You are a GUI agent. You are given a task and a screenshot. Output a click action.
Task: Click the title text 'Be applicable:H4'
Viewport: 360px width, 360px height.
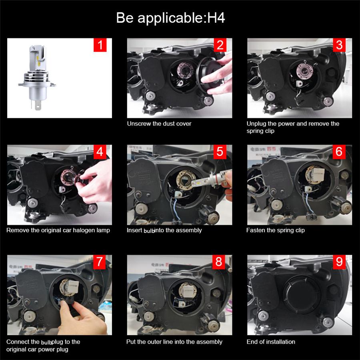click(x=170, y=18)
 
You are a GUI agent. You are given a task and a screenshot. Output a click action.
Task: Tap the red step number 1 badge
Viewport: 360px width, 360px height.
click(x=100, y=45)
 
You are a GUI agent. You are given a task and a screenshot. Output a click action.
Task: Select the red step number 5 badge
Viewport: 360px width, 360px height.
click(x=220, y=152)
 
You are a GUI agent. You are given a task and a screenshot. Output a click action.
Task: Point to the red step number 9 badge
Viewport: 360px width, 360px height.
click(x=339, y=262)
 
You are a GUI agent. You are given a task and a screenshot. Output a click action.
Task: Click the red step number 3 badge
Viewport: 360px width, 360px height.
click(x=339, y=45)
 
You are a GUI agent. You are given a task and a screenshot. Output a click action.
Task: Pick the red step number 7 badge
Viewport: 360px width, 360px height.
click(x=100, y=262)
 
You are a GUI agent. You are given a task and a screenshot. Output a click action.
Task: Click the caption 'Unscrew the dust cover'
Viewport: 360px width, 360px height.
click(x=159, y=124)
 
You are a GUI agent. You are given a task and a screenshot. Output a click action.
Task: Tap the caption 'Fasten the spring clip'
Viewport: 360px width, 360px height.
click(x=276, y=230)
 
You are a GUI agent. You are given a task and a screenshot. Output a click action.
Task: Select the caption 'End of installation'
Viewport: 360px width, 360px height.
click(x=271, y=342)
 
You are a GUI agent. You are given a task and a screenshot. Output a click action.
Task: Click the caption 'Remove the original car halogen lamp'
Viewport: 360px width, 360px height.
click(x=58, y=230)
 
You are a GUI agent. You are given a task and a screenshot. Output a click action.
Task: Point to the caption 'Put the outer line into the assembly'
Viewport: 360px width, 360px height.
click(x=174, y=342)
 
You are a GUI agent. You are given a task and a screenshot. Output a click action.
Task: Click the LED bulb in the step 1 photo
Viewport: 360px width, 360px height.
click(x=37, y=77)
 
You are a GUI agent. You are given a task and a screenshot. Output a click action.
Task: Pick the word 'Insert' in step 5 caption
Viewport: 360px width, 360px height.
click(x=134, y=230)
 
